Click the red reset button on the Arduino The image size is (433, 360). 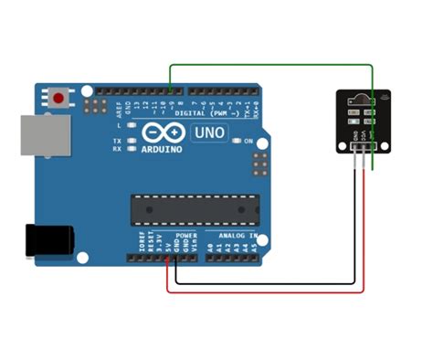(60, 96)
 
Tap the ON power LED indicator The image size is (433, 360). (236, 141)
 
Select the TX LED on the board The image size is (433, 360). (132, 140)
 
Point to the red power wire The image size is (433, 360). (265, 291)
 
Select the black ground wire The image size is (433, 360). (265, 282)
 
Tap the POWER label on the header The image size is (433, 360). (185, 236)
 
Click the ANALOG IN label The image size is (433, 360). (234, 236)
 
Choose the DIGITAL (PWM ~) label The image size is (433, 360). (212, 113)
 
